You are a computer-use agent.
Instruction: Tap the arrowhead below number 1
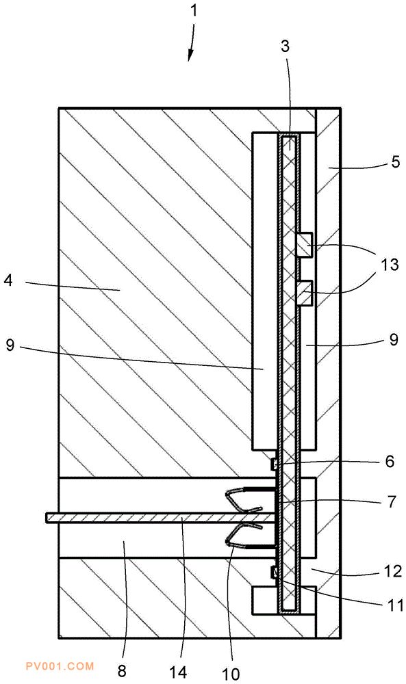click(190, 55)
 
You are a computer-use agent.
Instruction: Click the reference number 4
click(9, 280)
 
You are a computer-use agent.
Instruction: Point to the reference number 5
click(395, 162)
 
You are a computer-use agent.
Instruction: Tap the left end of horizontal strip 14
click(47, 517)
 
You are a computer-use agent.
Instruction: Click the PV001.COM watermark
click(60, 666)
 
